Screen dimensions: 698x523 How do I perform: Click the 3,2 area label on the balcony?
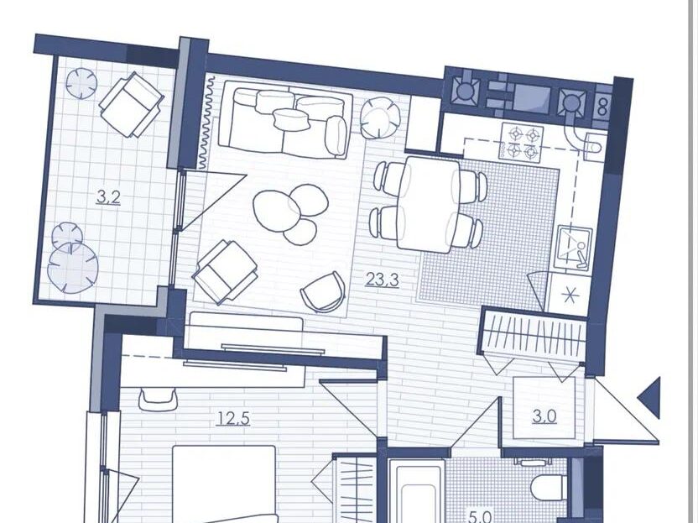pos(108,197)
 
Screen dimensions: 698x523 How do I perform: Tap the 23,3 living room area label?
pos(382,280)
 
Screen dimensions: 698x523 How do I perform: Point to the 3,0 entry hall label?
pos(544,416)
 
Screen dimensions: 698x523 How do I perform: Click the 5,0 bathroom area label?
pos(482,517)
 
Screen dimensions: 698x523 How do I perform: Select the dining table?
pos(429,204)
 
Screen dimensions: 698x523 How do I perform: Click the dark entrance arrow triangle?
pos(649,397)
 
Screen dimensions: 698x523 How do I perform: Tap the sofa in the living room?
pos(288,119)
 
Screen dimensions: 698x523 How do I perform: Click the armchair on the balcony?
pos(131,105)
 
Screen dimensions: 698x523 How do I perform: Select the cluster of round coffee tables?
pos(290,214)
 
